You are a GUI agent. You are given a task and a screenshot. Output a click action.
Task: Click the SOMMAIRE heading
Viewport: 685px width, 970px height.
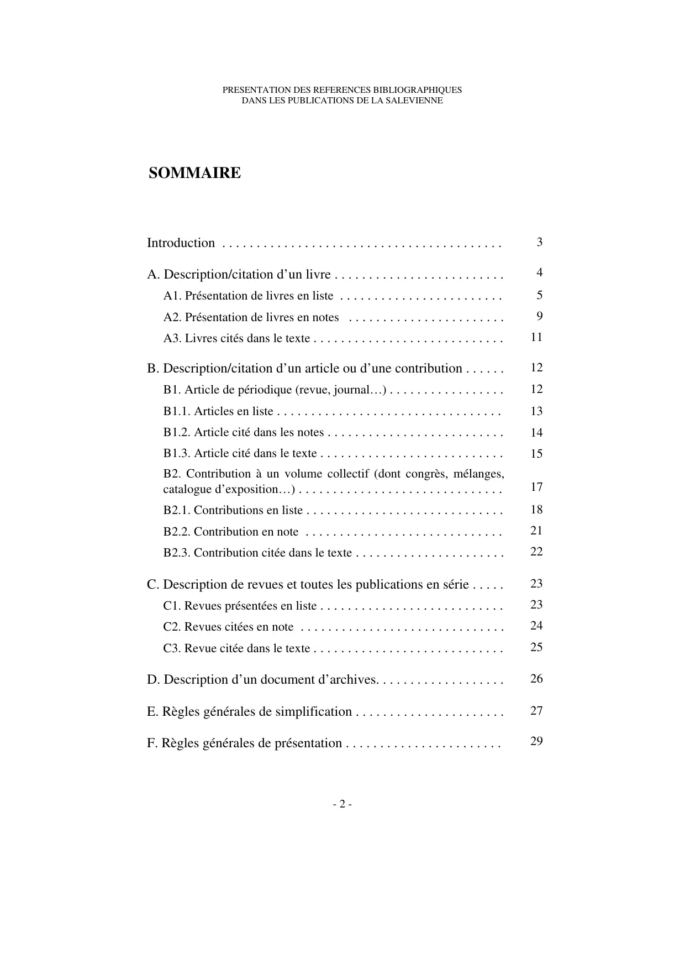click(194, 173)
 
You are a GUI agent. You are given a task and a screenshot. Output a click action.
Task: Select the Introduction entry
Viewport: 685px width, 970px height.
click(181, 243)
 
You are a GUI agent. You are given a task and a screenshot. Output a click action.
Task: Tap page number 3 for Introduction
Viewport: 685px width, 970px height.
click(539, 242)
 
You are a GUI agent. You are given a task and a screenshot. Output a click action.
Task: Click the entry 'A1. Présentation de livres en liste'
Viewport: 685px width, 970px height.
click(248, 296)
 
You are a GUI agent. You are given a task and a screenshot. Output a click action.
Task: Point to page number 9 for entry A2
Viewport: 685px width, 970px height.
click(539, 316)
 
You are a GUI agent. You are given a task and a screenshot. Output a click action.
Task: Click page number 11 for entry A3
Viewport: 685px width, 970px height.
click(536, 337)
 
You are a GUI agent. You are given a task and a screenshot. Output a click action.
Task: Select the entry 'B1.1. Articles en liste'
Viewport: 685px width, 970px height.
click(218, 411)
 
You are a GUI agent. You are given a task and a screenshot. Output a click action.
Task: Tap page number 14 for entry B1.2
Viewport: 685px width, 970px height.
click(536, 433)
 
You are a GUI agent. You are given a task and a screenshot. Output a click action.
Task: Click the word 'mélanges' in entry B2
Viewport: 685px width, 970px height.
click(479, 474)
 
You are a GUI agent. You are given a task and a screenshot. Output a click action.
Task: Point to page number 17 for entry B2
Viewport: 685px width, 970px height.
click(536, 487)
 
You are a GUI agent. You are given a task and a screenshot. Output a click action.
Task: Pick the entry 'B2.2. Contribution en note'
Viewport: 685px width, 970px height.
click(230, 532)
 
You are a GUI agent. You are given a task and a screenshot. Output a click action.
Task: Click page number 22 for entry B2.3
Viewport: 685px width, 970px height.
click(536, 552)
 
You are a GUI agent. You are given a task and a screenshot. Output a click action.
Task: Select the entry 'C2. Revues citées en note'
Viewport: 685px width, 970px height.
click(228, 627)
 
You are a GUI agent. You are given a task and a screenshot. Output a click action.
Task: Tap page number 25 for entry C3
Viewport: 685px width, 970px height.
click(536, 647)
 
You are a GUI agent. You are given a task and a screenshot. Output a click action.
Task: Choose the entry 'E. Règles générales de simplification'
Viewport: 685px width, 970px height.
click(249, 711)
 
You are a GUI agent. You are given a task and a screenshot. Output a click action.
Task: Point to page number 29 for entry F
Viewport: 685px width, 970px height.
click(536, 741)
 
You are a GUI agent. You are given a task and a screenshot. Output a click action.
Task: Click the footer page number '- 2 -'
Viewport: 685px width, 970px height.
click(342, 804)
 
